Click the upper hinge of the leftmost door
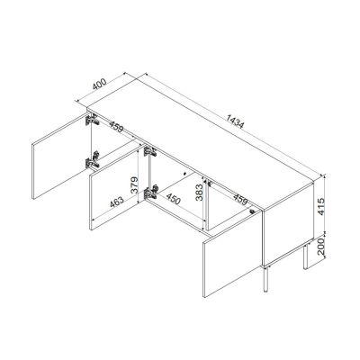click(89, 120)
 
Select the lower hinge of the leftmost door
click(89, 163)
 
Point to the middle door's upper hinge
click(148, 149)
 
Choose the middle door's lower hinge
click(153, 192)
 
